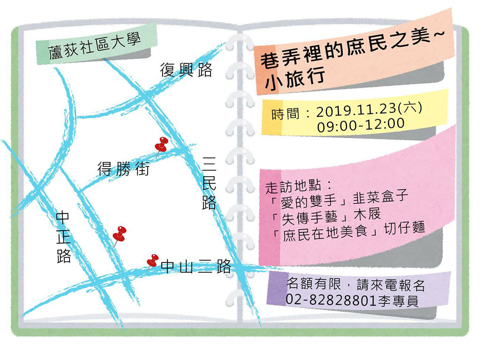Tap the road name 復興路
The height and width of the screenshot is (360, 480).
(x=186, y=70)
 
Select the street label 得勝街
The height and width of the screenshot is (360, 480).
(x=123, y=168)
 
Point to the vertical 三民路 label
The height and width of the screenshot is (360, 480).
(x=209, y=183)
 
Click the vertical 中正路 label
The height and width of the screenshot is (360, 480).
(x=63, y=237)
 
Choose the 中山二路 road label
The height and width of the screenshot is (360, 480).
(x=196, y=267)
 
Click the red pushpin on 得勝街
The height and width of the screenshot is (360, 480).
(x=162, y=144)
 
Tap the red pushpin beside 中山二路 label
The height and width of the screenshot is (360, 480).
(x=152, y=261)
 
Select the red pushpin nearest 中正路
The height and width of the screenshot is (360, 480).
(x=120, y=234)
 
